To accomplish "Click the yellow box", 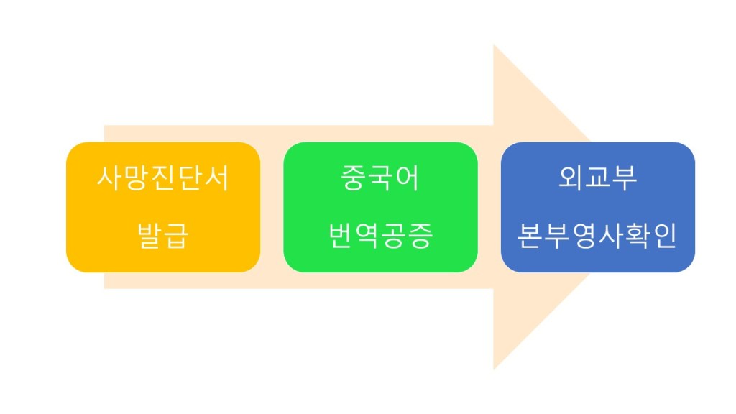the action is (163, 207).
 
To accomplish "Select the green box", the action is (380, 207).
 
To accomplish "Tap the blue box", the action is (597, 207).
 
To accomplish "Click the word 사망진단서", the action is (163, 178).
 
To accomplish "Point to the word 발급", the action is (163, 236).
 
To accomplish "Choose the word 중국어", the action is (380, 178).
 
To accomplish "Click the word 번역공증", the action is (380, 236).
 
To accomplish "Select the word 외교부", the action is (597, 178).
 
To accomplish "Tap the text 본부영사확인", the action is (597, 236).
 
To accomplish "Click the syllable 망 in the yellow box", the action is (136, 178).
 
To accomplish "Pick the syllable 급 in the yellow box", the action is (177, 236).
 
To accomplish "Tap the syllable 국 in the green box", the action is (380, 178).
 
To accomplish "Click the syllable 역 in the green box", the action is (367, 236).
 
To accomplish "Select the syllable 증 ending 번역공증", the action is (420, 236).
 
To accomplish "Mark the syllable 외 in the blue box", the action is (571, 178).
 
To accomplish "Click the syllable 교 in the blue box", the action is (597, 178).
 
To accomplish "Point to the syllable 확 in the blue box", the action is (637, 236).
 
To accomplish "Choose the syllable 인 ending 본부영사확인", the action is (664, 236).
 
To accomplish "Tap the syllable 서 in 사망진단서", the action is (217, 178).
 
